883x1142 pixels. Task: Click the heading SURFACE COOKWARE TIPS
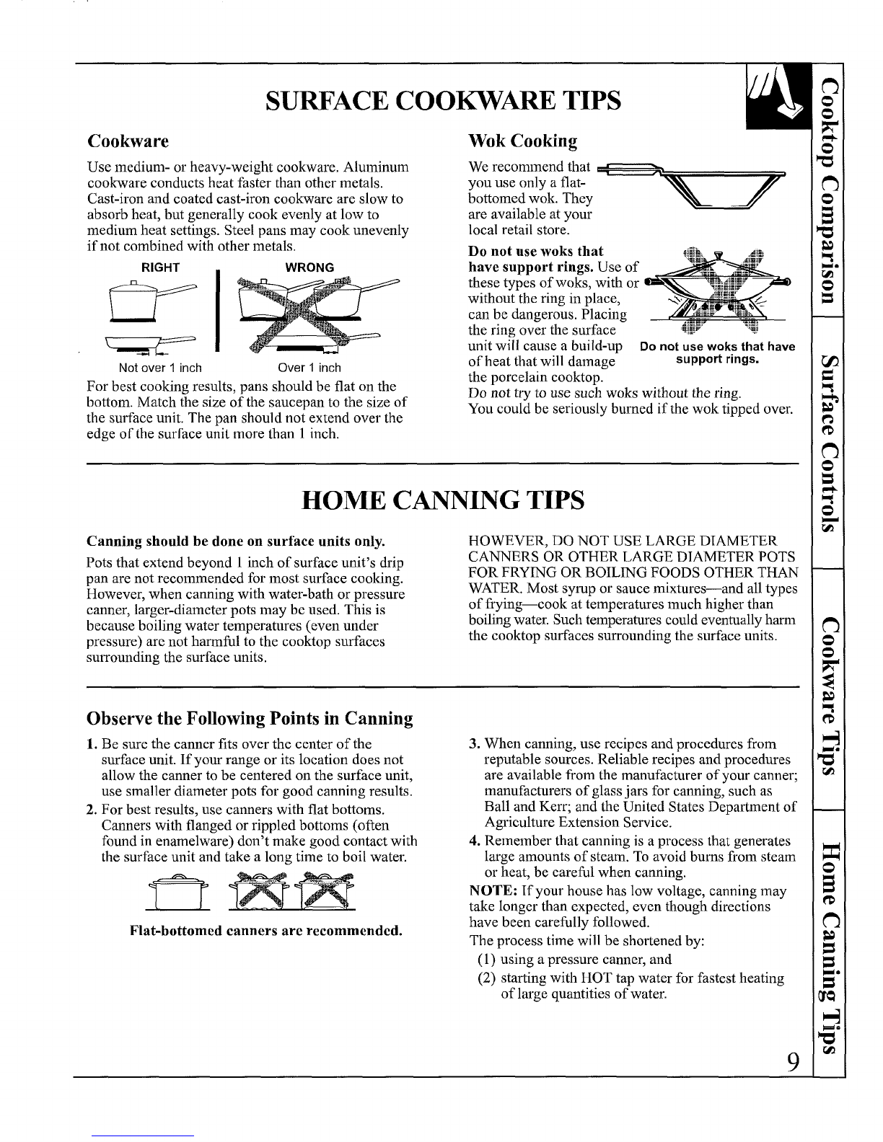(443, 100)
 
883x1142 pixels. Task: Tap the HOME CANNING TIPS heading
(443, 500)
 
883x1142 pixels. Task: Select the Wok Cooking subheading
(523, 141)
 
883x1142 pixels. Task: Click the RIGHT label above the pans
(160, 267)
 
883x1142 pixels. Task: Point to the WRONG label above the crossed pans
(309, 267)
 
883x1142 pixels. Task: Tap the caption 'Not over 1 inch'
(160, 368)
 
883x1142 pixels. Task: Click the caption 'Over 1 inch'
(309, 368)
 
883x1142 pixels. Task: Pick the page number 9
(793, 1062)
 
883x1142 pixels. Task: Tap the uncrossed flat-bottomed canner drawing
(177, 893)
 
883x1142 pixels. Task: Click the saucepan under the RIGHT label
(152, 301)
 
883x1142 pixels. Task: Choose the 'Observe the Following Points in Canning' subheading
(250, 718)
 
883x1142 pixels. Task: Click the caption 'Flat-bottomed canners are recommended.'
(266, 931)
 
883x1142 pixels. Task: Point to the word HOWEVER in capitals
(506, 541)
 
